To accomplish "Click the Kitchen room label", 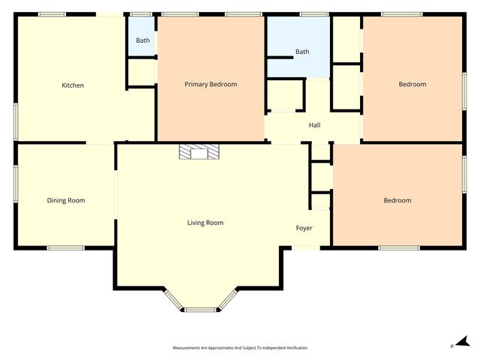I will pyautogui.click(x=73, y=85).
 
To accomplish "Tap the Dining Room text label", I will pyautogui.click(x=66, y=200).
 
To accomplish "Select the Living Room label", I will pyautogui.click(x=205, y=223).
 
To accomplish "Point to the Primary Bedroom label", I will pyautogui.click(x=211, y=85).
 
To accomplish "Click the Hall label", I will pyautogui.click(x=314, y=125).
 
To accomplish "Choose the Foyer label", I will pyautogui.click(x=304, y=228).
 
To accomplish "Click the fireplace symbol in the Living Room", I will pyautogui.click(x=199, y=153).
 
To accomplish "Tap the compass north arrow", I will pyautogui.click(x=462, y=342).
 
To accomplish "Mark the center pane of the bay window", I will pyautogui.click(x=200, y=309).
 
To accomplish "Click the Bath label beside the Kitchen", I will pyautogui.click(x=142, y=40).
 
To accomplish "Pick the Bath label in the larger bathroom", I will pyautogui.click(x=301, y=52).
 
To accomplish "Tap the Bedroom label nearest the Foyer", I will pyautogui.click(x=397, y=200).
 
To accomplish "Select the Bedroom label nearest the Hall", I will pyautogui.click(x=412, y=85).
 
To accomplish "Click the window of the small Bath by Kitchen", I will pyautogui.click(x=141, y=14).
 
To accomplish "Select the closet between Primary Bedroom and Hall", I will pyautogui.click(x=284, y=96).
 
